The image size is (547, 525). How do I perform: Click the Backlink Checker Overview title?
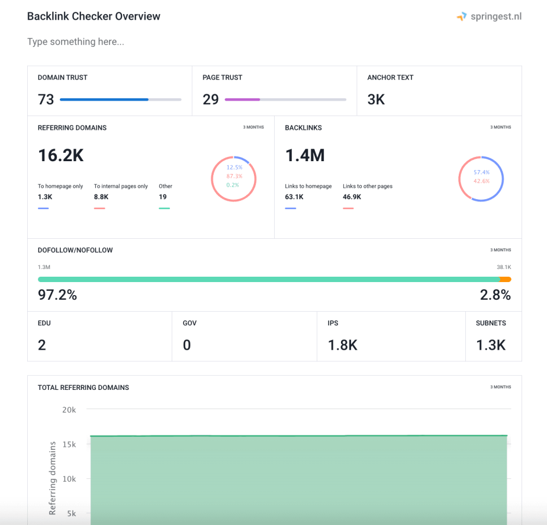point(94,17)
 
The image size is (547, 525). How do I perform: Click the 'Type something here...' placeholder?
point(76,42)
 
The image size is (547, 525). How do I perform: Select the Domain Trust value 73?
point(46,100)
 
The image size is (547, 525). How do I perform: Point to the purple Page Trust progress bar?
point(242,100)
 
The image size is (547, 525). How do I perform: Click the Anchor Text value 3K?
point(376,100)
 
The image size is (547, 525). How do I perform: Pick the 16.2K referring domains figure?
point(61,155)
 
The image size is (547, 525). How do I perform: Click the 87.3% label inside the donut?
point(234,176)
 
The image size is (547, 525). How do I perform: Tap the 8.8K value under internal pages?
point(102,197)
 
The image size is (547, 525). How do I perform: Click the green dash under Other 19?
point(164,208)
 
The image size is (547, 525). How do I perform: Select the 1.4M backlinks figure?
point(305,155)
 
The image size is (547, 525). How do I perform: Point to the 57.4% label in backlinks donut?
point(482,172)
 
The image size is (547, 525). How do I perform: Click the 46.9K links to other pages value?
point(353,197)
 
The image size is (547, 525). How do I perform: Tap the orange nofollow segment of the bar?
point(505,279)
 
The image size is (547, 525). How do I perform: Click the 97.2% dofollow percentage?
point(57,294)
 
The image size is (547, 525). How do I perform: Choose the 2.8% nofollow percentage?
point(495,294)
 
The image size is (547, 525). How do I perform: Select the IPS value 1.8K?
point(342,345)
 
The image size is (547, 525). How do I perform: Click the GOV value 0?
point(187,345)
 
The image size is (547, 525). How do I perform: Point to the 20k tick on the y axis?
point(69,409)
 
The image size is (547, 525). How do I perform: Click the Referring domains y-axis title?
point(53,477)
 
